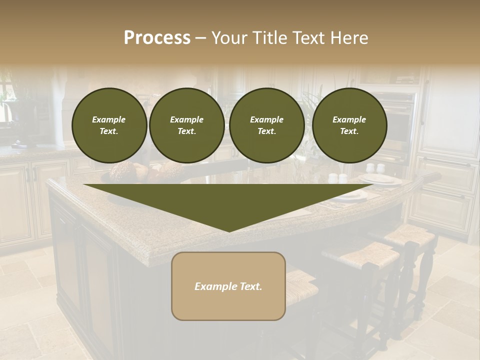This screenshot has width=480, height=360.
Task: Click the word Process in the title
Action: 157,38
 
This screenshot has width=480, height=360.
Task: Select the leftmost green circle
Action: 109,125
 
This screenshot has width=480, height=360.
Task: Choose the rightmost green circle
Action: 349,125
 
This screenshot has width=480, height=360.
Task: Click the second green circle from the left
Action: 186,125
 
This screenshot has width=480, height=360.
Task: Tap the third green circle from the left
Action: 266,125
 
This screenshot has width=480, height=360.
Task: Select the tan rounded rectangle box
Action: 228,286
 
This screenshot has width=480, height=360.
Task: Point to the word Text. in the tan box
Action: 249,286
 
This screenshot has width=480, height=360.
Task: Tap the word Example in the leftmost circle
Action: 109,119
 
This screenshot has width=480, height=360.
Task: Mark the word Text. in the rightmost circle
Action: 349,131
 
